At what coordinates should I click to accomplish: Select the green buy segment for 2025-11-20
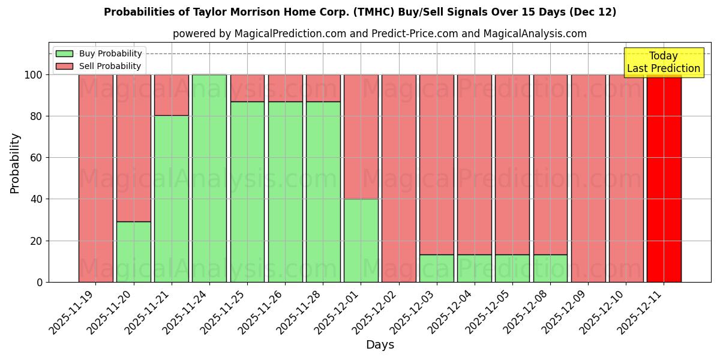pyautogui.click(x=133, y=252)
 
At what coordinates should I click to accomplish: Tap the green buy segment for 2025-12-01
pyautogui.click(x=361, y=241)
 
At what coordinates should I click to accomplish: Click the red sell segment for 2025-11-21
pyautogui.click(x=172, y=95)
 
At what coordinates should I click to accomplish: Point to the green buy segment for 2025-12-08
pyautogui.click(x=550, y=268)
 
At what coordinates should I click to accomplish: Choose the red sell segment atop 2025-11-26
pyautogui.click(x=285, y=88)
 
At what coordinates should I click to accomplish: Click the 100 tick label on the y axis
pyautogui.click(x=34, y=75)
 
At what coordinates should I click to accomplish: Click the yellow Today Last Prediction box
pyautogui.click(x=663, y=62)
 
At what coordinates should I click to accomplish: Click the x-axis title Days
pyautogui.click(x=380, y=345)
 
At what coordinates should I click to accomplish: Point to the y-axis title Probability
pyautogui.click(x=15, y=163)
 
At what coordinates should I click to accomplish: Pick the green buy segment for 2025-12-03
pyautogui.click(x=437, y=268)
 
